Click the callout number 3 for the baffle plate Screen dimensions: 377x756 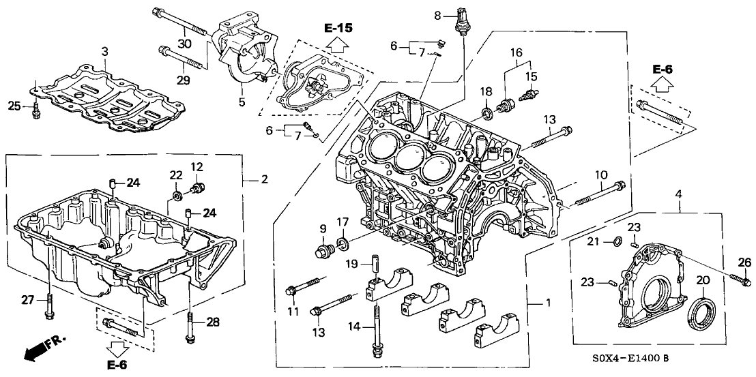pos(104,52)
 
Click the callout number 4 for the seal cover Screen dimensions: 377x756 pos(679,196)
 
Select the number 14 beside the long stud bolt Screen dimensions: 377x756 pos(353,327)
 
